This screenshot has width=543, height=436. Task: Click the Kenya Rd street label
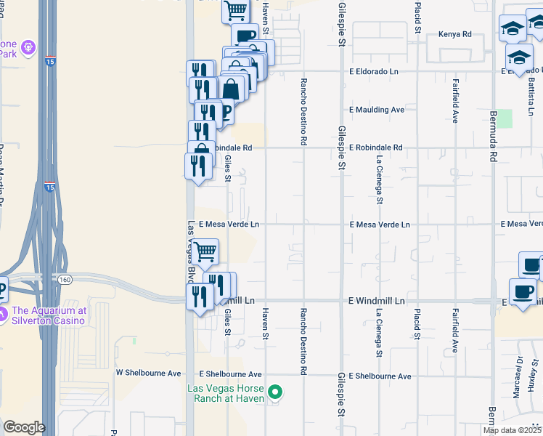pyautogui.click(x=456, y=34)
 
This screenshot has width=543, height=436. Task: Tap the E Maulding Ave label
pyautogui.click(x=376, y=110)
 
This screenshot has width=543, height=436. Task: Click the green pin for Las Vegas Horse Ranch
pyautogui.click(x=275, y=393)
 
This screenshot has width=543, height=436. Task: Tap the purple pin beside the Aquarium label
pyautogui.click(x=4, y=315)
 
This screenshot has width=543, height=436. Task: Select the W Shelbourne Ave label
pyautogui.click(x=149, y=373)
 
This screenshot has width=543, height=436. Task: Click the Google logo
pyautogui.click(x=25, y=427)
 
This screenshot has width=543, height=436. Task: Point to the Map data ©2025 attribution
pyautogui.click(x=513, y=430)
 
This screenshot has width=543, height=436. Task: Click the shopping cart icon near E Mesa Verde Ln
pyautogui.click(x=205, y=252)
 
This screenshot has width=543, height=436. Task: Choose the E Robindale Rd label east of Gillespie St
pyautogui.click(x=375, y=148)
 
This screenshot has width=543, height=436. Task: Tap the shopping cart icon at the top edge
pyautogui.click(x=235, y=9)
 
